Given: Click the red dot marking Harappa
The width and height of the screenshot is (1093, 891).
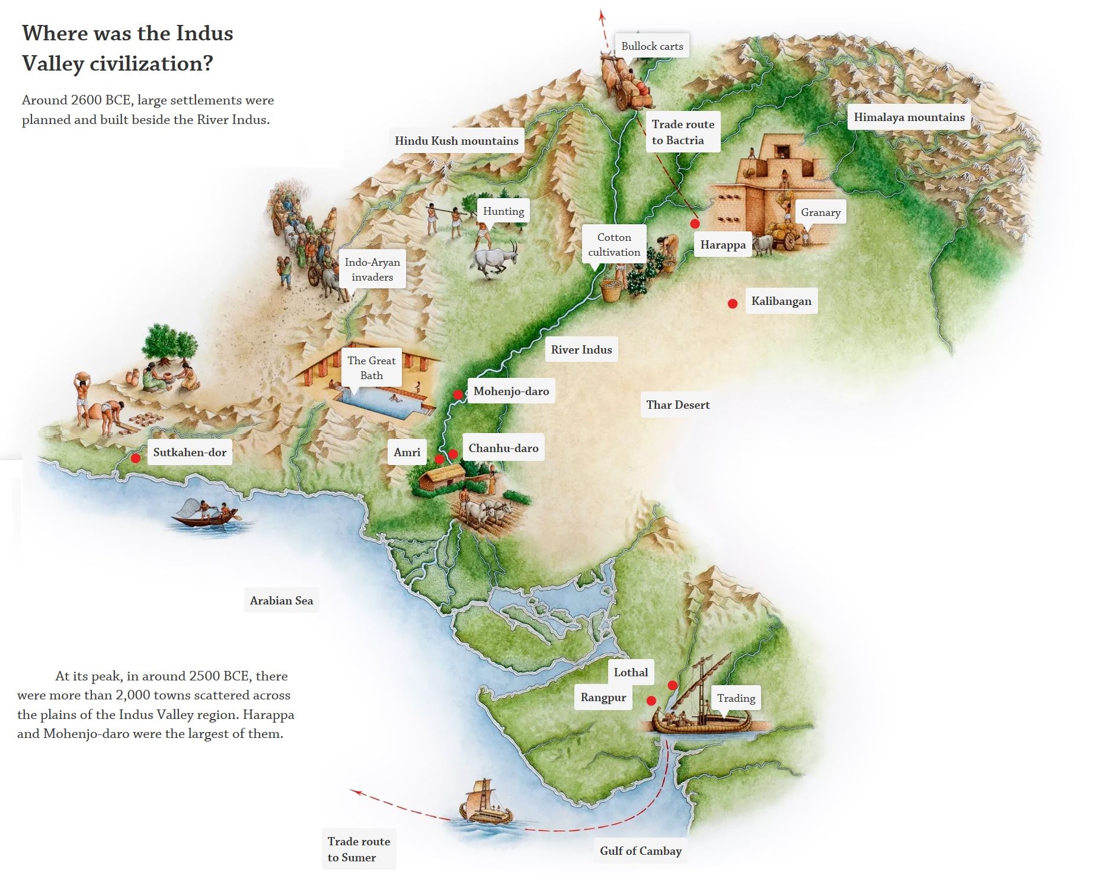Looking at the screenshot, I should [x=695, y=224].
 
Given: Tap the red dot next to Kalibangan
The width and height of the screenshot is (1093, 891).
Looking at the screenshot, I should [x=733, y=304].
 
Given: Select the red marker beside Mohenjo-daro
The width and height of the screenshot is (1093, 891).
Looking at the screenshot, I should [x=458, y=394].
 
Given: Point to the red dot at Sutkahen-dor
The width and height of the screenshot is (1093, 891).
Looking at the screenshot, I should [x=136, y=458].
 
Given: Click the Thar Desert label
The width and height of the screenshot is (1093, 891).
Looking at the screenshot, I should [x=677, y=405].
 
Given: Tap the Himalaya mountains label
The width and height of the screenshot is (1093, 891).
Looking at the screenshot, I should [x=909, y=117].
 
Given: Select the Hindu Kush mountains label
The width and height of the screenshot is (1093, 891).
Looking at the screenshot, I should [x=456, y=141].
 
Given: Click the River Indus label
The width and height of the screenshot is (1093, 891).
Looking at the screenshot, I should [x=581, y=349].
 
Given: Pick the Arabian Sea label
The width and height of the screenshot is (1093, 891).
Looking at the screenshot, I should [x=281, y=600].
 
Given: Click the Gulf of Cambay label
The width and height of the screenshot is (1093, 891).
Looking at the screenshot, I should [x=640, y=851].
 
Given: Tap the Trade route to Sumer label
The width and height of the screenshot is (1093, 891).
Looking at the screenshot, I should [x=358, y=849].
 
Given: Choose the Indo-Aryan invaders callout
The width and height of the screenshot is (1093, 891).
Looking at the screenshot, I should [x=372, y=269].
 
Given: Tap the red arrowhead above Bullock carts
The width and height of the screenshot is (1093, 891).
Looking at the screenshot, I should [x=602, y=16].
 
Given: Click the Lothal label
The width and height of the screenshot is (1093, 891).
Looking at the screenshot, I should [x=631, y=672].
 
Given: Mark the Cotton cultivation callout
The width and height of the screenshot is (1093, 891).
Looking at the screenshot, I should [x=614, y=244].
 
